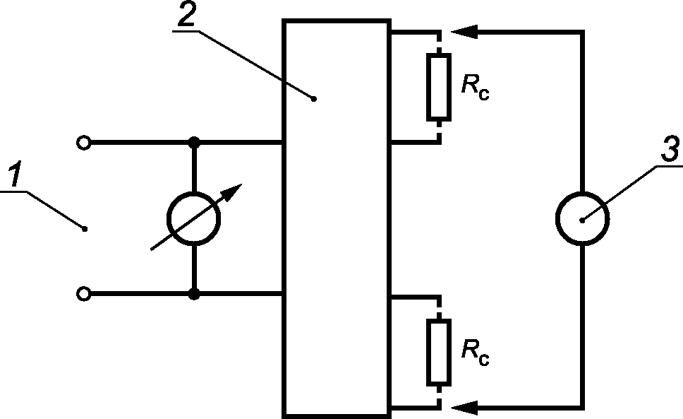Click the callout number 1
point(16,174)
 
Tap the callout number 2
point(187,13)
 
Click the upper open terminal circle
point(84,143)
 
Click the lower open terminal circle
point(84,294)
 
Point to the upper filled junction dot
point(194,142)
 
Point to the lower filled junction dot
point(194,295)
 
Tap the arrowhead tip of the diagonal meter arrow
point(242,184)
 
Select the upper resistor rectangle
point(439,87)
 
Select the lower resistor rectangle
point(439,353)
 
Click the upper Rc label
point(476,87)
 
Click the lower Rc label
point(476,353)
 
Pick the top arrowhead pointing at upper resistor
point(464,32)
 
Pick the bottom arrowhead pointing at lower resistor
point(464,408)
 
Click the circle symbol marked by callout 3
point(582,191)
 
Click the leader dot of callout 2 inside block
point(313,99)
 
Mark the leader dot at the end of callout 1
point(85,229)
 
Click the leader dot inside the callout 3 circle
point(582,220)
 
